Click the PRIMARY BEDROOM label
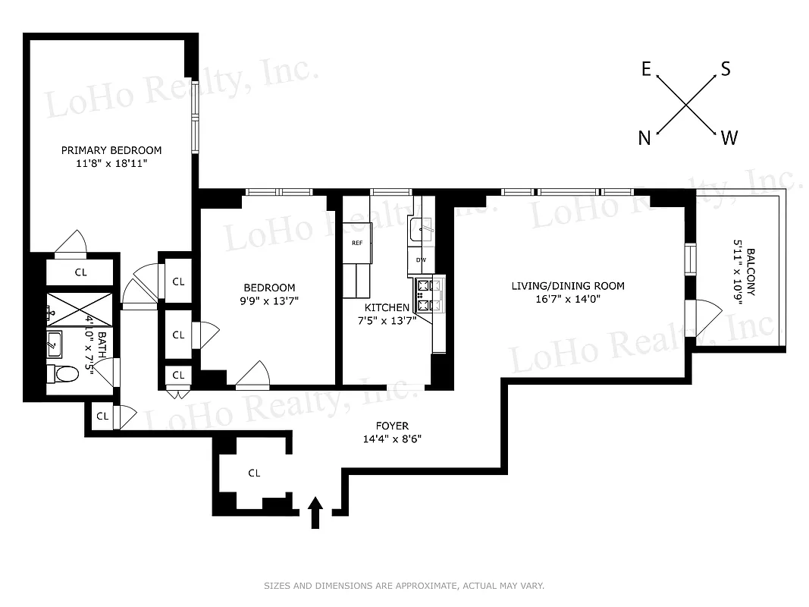coord(111,150)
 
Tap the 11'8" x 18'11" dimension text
coord(111,164)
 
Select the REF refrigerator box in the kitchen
coord(357,243)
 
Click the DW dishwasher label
coord(420,260)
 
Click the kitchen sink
coord(421,228)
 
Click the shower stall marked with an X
coord(79,310)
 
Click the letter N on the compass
coord(644,137)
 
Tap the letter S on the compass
coord(726,69)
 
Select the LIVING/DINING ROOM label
coord(568,286)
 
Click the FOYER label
coord(392,426)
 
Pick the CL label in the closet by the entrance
coord(254,473)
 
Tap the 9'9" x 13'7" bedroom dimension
coord(269,300)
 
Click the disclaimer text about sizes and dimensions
coord(404,586)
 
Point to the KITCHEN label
coord(387,307)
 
